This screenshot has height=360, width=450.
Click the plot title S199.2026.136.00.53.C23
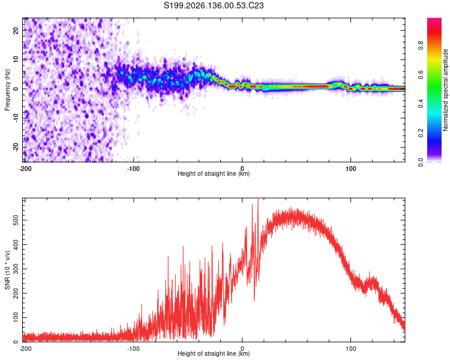click(214, 5)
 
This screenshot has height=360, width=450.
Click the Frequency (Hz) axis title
click(7, 90)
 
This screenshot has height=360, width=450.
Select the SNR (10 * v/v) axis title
click(7, 270)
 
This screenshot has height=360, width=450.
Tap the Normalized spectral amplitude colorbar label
click(445, 90)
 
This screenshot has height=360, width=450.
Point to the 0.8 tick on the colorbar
click(421, 46)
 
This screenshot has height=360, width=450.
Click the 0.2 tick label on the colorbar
click(421, 133)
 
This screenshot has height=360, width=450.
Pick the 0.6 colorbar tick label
click(421, 74)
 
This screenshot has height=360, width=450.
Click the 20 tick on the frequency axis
click(16, 31)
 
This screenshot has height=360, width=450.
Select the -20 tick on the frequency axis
click(16, 148)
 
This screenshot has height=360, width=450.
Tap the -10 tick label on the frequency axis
click(16, 118)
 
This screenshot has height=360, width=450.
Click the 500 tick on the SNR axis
click(16, 220)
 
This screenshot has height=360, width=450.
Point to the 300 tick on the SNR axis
click(16, 269)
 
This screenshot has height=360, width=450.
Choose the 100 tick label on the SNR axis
click(16, 318)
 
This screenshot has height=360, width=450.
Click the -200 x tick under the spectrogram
click(25, 169)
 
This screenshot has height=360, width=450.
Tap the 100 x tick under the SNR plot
click(351, 349)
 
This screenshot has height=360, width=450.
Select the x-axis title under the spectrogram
click(214, 173)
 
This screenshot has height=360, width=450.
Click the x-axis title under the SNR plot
click(214, 353)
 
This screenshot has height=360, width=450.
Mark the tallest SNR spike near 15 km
click(258, 199)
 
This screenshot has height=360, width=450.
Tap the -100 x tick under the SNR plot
click(133, 349)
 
